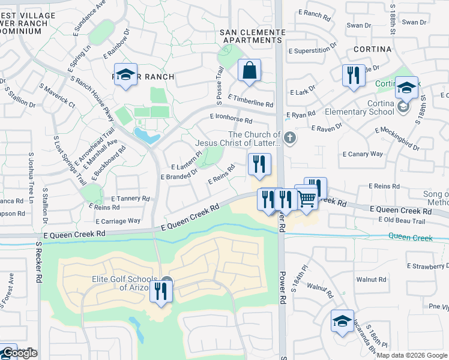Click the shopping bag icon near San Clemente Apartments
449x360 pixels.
(x=249, y=70)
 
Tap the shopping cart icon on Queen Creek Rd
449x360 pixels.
(x=307, y=199)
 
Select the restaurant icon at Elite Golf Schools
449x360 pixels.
(x=161, y=291)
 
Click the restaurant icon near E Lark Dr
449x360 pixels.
(x=352, y=75)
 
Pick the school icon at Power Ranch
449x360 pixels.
(x=125, y=74)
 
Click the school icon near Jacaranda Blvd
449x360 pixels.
(x=342, y=320)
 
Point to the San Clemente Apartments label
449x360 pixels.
(x=252, y=35)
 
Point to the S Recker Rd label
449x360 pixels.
(x=38, y=263)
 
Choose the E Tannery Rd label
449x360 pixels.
(x=130, y=199)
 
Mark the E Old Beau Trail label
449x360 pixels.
(x=402, y=221)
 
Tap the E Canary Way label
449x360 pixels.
(x=362, y=154)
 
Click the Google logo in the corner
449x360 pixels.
(x=19, y=353)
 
